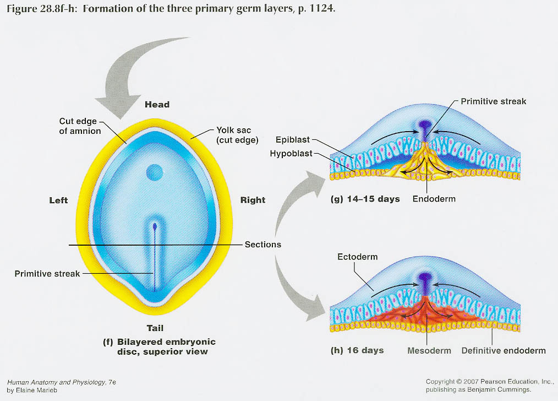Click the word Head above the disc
tap(157, 105)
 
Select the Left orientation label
tap(58, 201)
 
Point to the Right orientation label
tap(253, 201)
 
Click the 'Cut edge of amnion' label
tap(80, 126)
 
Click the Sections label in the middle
tap(263, 245)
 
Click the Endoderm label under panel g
tap(434, 198)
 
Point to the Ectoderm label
tap(358, 257)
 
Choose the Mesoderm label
tap(429, 350)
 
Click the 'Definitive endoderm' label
tap(504, 350)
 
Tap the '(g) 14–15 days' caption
tap(365, 198)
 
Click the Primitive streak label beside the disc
tap(47, 274)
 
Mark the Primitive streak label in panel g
tap(493, 101)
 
